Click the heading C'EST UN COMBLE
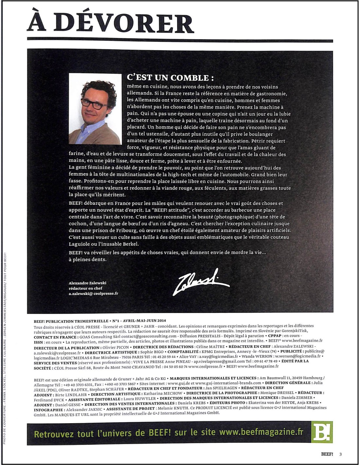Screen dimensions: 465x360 tap(170, 78)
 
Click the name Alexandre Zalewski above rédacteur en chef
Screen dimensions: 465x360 tap(87, 283)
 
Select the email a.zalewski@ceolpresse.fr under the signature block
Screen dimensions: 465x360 tap(93, 293)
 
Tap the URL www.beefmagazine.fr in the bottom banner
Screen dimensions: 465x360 tap(261, 432)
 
